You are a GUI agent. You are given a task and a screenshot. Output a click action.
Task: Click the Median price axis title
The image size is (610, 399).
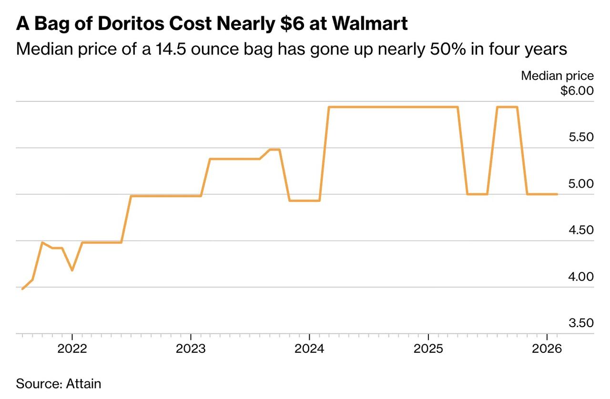pyautogui.click(x=557, y=76)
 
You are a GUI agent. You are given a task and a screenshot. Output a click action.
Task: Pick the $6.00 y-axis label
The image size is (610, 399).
pyautogui.click(x=577, y=90)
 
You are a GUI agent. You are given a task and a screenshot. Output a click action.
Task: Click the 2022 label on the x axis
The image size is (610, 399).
pyautogui.click(x=72, y=349)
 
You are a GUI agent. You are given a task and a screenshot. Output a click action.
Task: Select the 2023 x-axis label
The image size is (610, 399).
pyautogui.click(x=191, y=349)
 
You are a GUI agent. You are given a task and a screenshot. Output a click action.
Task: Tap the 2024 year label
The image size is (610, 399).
pyautogui.click(x=309, y=349)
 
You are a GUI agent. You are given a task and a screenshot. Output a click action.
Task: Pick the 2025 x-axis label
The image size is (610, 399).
pyautogui.click(x=428, y=349)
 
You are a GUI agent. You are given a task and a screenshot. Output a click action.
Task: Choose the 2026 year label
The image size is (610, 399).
pyautogui.click(x=547, y=349)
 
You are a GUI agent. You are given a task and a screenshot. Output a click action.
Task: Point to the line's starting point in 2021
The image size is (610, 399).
pyautogui.click(x=22, y=289)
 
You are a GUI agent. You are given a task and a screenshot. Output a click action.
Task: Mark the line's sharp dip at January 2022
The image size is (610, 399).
pyautogui.click(x=72, y=270)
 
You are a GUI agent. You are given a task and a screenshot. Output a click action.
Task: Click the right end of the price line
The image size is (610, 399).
pyautogui.click(x=557, y=194)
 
